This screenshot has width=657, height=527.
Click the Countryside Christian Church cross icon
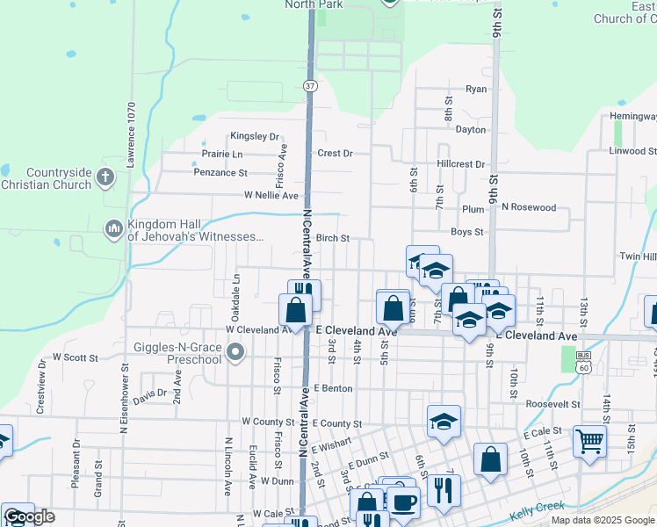(105, 177)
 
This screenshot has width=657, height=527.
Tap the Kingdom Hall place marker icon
(113, 229)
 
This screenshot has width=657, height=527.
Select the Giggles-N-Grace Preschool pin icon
(235, 353)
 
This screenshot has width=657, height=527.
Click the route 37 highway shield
(310, 86)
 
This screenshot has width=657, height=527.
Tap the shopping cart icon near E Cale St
(588, 441)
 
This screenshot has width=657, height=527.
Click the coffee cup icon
(403, 502)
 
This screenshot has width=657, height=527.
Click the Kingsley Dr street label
(254, 137)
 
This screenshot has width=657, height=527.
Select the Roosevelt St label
(553, 404)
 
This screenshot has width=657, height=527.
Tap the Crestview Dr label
(40, 389)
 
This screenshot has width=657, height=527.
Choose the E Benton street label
(332, 388)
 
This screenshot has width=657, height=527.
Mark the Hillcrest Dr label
(460, 164)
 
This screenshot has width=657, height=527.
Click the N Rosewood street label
(529, 207)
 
